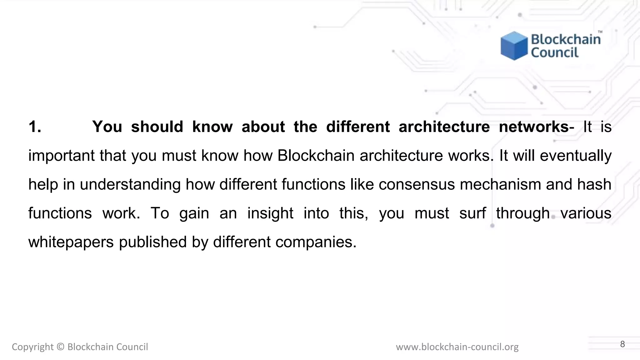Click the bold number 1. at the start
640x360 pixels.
pos(35,127)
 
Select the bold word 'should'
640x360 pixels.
pos(157,127)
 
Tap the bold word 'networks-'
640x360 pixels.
pos(536,127)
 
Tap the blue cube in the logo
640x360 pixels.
pos(514,46)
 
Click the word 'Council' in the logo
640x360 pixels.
pos(555,52)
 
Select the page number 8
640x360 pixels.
pos(622,344)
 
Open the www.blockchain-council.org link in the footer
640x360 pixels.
pos(457,347)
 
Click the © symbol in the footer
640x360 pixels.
pos(61,347)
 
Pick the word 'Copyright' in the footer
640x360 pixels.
pos(32,347)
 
